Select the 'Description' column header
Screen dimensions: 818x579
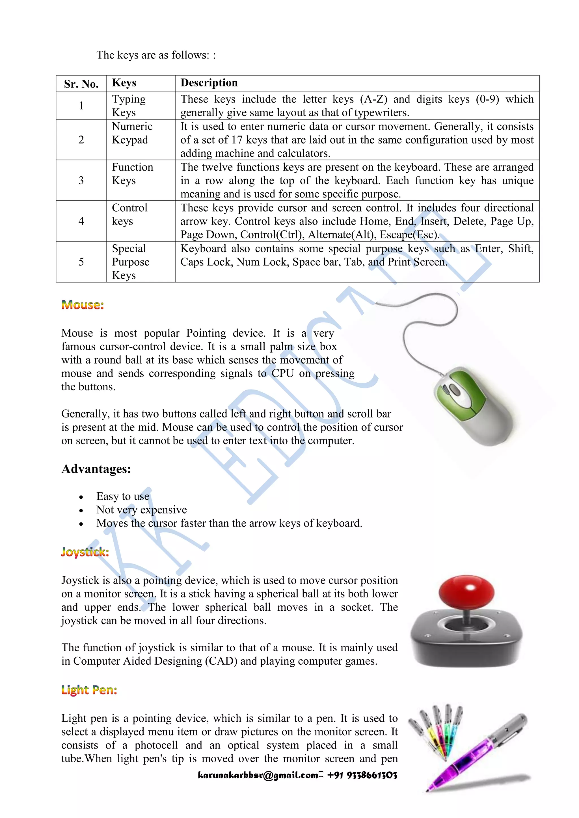[209, 83]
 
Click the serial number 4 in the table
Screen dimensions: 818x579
[81, 221]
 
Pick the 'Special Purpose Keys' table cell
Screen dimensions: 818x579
[131, 262]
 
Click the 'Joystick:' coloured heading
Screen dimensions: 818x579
[85, 552]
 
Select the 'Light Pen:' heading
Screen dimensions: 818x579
[89, 690]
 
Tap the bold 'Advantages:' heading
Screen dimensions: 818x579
[96, 469]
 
